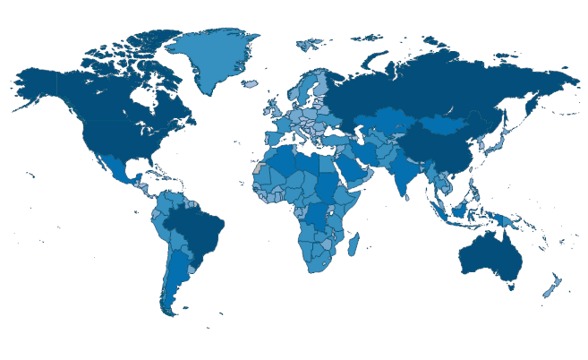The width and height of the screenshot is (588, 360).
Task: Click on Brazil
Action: (197, 228)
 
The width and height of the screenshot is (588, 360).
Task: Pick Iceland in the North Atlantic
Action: (250, 84)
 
